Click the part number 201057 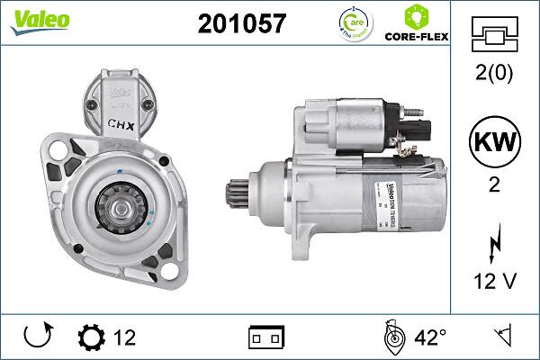pos(241,24)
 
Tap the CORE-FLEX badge pos(417,24)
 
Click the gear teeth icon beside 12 pos(91,337)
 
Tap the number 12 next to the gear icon pos(124,337)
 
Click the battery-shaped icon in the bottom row pos(265,337)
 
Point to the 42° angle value pos(429,337)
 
